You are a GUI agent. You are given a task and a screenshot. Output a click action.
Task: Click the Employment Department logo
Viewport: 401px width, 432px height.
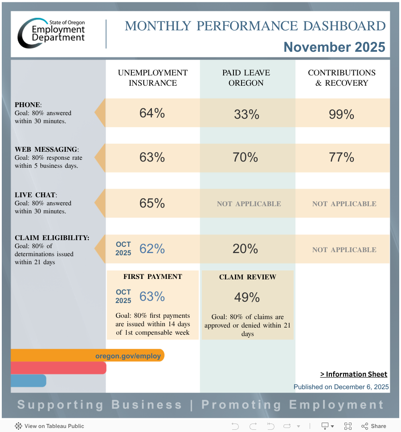click(51, 33)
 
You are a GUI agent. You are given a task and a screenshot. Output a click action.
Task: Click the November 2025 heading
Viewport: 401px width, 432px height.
click(334, 47)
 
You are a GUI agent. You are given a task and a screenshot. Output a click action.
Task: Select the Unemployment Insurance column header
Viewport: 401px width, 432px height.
click(153, 78)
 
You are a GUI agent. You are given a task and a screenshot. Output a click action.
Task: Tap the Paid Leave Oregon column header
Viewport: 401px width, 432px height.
click(246, 78)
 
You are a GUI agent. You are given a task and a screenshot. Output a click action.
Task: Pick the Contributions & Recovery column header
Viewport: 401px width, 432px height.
click(342, 78)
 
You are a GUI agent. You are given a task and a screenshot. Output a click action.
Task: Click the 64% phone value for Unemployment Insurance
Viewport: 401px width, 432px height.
click(152, 113)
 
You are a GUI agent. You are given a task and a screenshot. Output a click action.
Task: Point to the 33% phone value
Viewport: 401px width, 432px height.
click(246, 115)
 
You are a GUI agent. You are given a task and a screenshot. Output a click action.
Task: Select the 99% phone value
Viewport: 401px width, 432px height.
click(341, 115)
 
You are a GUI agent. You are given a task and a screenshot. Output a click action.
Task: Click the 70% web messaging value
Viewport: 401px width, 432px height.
click(246, 158)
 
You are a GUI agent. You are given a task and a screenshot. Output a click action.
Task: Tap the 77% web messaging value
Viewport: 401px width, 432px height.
click(341, 158)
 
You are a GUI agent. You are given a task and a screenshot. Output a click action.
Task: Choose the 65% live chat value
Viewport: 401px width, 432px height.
click(152, 204)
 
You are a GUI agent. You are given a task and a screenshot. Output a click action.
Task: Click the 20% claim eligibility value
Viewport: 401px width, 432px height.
click(246, 249)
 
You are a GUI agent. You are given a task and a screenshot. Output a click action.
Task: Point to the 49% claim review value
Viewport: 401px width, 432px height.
click(247, 297)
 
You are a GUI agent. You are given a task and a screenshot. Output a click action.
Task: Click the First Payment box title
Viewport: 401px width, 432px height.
click(153, 277)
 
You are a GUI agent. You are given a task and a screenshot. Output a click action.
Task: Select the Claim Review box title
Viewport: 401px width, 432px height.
click(247, 277)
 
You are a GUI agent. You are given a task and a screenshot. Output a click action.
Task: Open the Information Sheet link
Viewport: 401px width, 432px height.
click(354, 374)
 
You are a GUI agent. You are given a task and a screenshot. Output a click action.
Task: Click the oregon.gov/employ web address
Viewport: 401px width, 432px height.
click(128, 356)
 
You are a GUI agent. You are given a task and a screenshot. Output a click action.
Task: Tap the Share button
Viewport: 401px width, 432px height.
click(374, 426)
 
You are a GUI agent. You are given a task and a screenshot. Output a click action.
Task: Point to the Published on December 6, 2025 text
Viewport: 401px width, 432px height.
click(341, 387)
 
